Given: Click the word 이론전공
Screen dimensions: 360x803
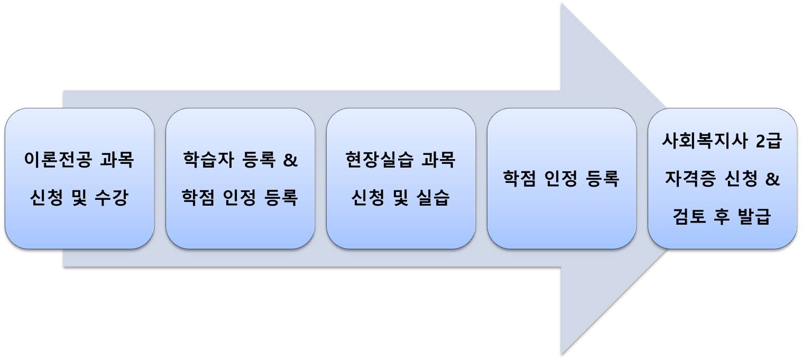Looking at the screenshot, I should [x=57, y=160].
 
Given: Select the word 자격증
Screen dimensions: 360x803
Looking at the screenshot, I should [x=688, y=179].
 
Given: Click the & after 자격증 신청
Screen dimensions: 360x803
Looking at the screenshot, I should [x=772, y=179].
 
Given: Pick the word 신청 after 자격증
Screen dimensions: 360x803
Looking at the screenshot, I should [x=737, y=179].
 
